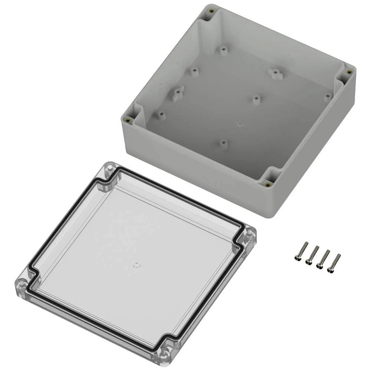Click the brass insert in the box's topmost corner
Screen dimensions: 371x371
click(211, 11)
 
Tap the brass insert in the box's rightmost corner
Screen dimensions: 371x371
click(349, 72)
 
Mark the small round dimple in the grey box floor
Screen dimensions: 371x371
click(240, 124)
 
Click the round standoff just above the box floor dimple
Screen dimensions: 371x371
click(256, 99)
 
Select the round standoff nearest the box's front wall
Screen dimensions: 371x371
click(223, 143)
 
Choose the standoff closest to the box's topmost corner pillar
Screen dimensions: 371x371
click(223, 50)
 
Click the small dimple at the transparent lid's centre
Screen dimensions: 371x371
click(136, 265)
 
